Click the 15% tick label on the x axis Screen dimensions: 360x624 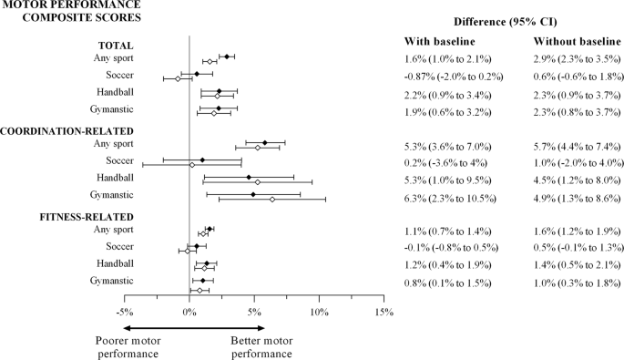[383, 313]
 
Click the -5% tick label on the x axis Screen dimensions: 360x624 [124, 313]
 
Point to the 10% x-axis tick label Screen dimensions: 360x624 [318, 313]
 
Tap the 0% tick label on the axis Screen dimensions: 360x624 [189, 313]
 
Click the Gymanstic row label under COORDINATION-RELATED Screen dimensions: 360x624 [109, 195]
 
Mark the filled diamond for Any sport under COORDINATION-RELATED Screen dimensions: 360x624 [265, 142]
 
